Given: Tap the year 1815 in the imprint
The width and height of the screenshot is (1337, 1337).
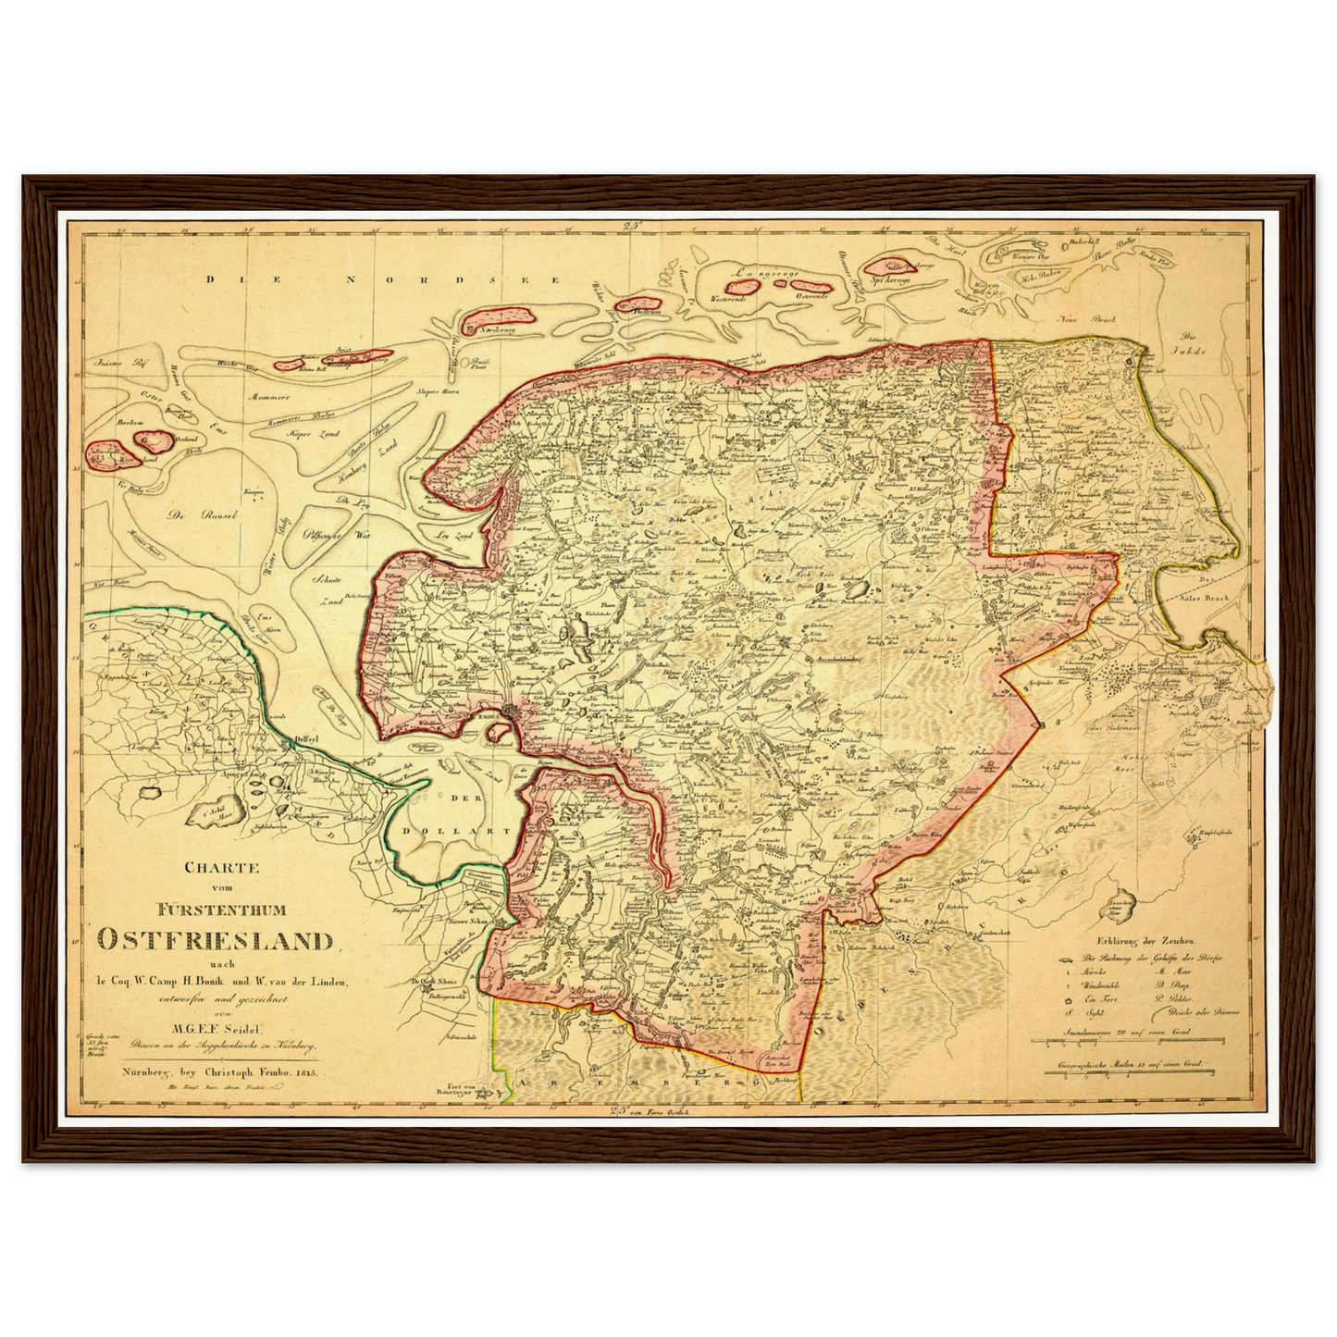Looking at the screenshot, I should pos(303,1072).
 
